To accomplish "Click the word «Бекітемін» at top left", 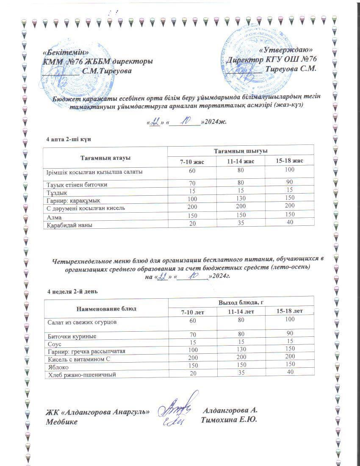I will pyautogui.click(x=66, y=52).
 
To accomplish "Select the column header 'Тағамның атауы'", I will pyautogui.click(x=105, y=158).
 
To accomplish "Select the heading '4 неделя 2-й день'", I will pyautogui.click(x=73, y=291).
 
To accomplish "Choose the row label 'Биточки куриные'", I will pyautogui.click(x=72, y=336).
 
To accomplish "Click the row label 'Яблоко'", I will pyautogui.click(x=57, y=367).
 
